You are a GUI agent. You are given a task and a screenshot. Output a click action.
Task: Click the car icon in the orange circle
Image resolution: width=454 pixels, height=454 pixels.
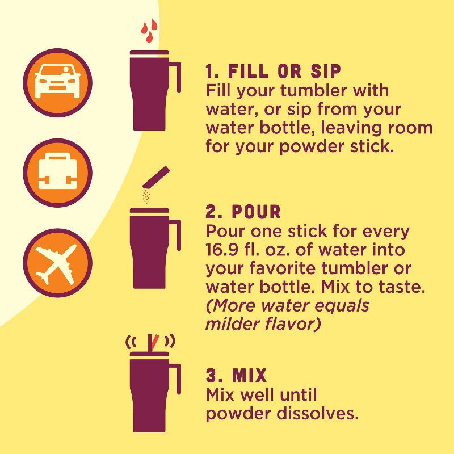click(57, 83)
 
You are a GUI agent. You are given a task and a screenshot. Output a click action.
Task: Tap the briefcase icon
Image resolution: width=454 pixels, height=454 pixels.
click(57, 173)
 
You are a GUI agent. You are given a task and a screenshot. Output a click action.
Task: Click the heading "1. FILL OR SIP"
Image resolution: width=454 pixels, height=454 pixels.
click(274, 72)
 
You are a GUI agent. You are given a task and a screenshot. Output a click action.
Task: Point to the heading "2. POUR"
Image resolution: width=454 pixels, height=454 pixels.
click(243, 212)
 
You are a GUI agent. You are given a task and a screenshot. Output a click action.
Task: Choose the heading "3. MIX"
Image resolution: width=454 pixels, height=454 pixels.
click(236, 376)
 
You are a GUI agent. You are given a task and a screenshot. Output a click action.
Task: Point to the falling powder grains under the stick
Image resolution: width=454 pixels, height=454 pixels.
click(146, 196)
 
